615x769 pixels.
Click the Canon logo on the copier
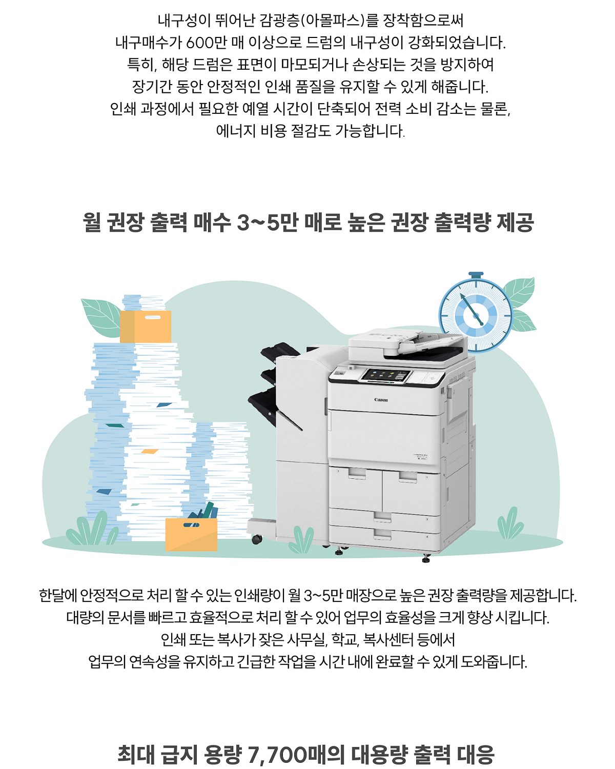381,400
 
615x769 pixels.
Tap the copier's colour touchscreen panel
386,375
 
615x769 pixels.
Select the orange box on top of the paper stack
145,326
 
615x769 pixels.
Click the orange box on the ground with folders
191,534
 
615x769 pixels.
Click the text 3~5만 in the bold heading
268,222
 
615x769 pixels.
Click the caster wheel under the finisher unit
256,539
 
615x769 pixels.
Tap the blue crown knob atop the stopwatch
476,275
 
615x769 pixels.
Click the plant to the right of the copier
510,523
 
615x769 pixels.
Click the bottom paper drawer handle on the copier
382,534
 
